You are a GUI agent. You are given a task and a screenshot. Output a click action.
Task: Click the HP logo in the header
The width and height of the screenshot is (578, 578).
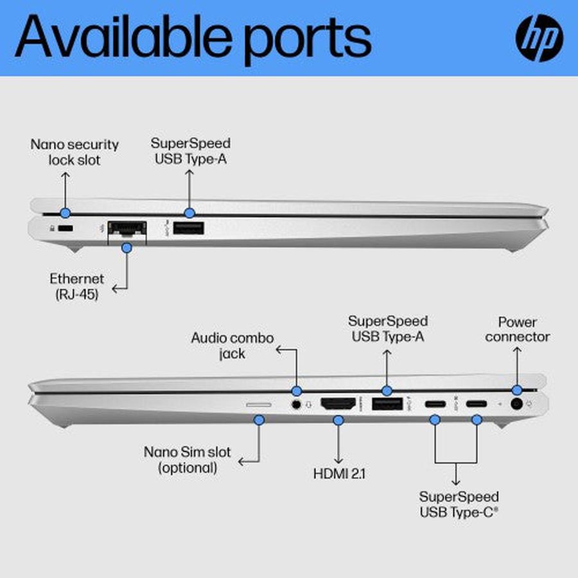pyautogui.click(x=539, y=38)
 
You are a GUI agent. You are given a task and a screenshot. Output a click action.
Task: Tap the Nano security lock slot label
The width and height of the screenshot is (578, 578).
pyautogui.click(x=66, y=152)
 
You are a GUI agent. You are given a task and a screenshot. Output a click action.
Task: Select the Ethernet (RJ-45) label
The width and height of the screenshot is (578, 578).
pyautogui.click(x=76, y=287)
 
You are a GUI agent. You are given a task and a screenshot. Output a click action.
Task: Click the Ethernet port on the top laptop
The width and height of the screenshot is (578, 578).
pyautogui.click(x=127, y=228)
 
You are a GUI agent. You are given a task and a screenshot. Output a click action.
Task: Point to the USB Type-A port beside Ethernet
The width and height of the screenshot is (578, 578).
pyautogui.click(x=188, y=227)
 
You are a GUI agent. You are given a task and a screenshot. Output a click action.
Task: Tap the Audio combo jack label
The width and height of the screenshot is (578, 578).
pyautogui.click(x=232, y=345)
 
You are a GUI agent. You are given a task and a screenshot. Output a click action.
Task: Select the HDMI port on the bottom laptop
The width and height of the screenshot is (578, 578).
pyautogui.click(x=338, y=405)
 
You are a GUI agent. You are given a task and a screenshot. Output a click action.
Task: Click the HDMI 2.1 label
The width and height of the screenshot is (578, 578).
pyautogui.click(x=339, y=475)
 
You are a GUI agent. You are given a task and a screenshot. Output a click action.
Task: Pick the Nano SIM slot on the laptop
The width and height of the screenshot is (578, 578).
pyautogui.click(x=259, y=405)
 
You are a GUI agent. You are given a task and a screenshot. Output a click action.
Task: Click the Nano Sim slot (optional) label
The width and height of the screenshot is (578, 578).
pyautogui.click(x=188, y=460)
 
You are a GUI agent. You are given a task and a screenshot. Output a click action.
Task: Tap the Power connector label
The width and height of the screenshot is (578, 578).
pyautogui.click(x=517, y=329)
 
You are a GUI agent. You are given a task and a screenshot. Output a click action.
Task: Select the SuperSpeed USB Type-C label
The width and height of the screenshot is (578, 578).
pyautogui.click(x=459, y=505)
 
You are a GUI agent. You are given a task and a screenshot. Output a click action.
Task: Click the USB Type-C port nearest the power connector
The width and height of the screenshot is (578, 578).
pyautogui.click(x=477, y=405)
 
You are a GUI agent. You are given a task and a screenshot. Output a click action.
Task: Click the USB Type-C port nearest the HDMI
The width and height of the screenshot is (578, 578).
pyautogui.click(x=435, y=405)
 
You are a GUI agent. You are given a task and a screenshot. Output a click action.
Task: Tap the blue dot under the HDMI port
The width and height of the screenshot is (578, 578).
pyautogui.click(x=338, y=420)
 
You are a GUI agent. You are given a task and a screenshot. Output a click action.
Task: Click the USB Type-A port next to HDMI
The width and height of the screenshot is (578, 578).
pyautogui.click(x=386, y=405)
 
